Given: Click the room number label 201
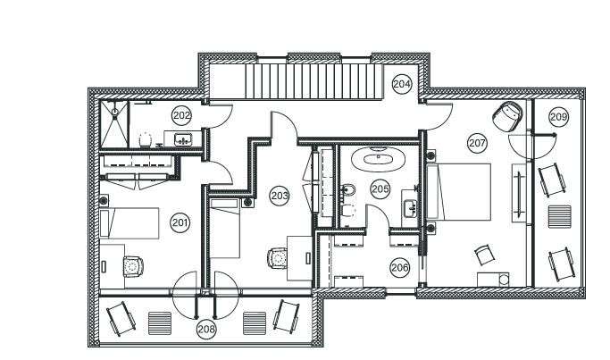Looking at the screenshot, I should pyautogui.click(x=180, y=222).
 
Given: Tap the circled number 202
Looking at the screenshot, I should pyautogui.click(x=181, y=115).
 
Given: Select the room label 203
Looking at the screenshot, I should pyautogui.click(x=279, y=195).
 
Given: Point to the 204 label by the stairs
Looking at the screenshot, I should pyautogui.click(x=402, y=84).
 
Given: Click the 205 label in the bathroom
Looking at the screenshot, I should pyautogui.click(x=380, y=188).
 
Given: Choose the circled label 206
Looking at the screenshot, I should pyautogui.click(x=399, y=266).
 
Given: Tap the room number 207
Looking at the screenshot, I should pyautogui.click(x=477, y=142).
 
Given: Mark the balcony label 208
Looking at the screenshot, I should pyautogui.click(x=206, y=330).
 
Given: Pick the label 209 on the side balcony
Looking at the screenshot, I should pyautogui.click(x=558, y=117).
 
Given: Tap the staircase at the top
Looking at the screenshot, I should pyautogui.click(x=307, y=80).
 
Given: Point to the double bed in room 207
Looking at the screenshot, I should pyautogui.click(x=460, y=191).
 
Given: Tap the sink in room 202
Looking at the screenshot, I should pyautogui.click(x=184, y=138).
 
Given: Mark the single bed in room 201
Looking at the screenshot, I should pyautogui.click(x=130, y=223).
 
